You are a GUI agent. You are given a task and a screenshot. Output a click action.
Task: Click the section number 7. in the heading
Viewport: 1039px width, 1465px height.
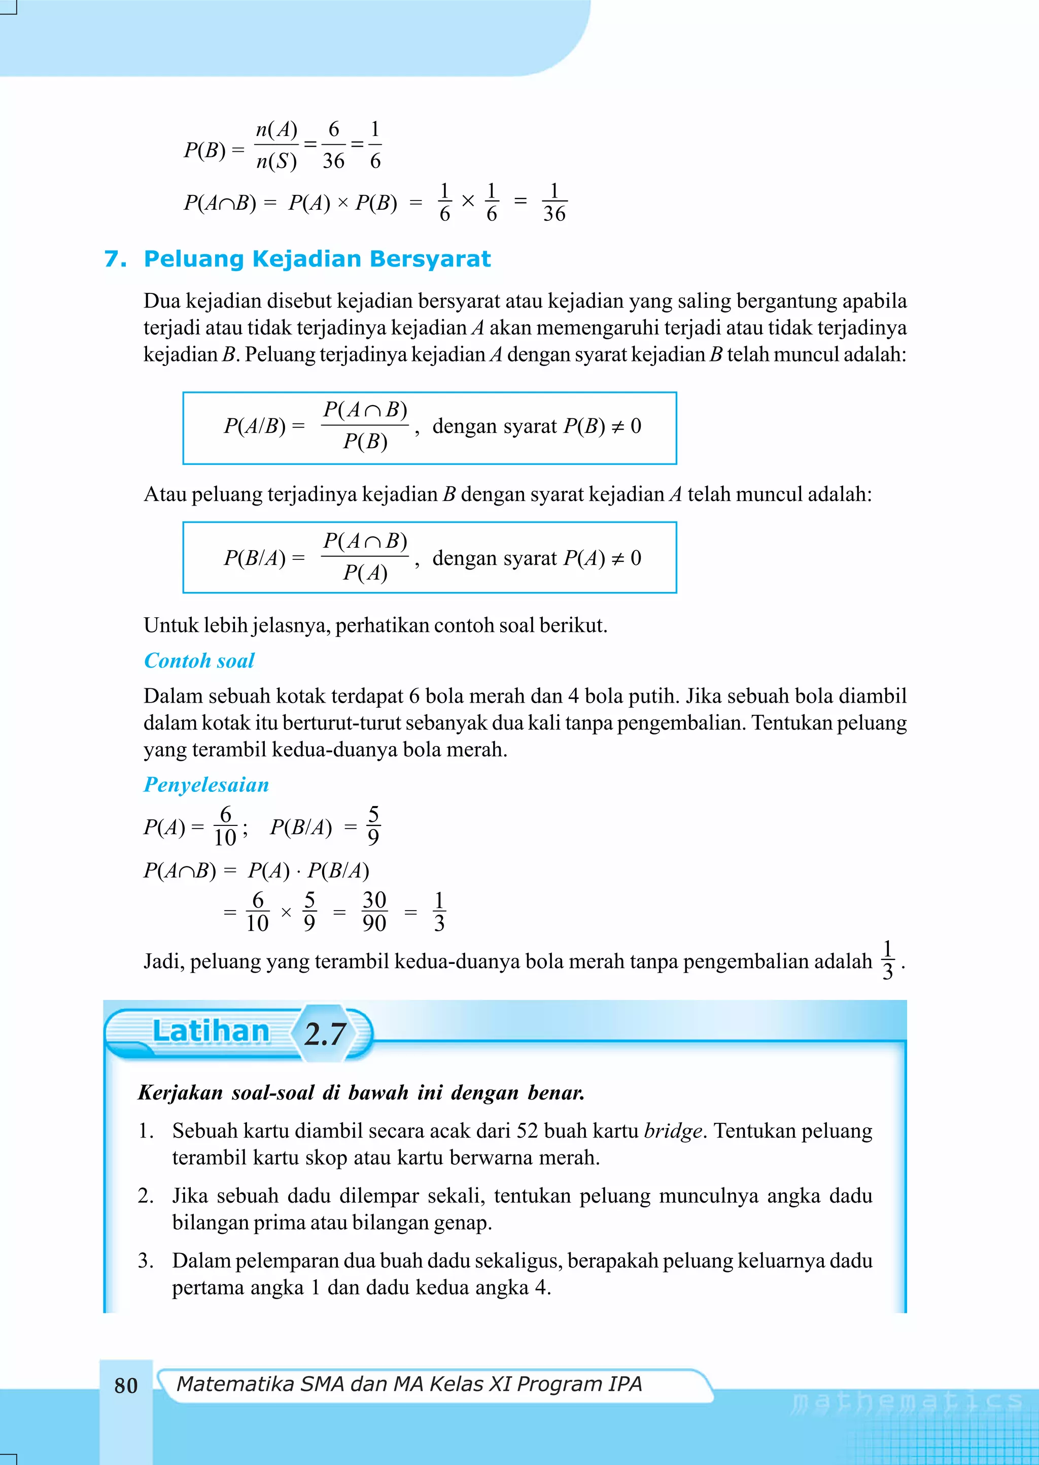115,259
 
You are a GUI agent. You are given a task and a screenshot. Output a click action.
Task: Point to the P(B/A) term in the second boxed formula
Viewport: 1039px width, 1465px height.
255,558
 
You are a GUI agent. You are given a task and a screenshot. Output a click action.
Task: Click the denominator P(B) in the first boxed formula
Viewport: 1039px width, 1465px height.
365,442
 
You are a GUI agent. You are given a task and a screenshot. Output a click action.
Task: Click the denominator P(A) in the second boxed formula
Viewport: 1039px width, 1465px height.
365,573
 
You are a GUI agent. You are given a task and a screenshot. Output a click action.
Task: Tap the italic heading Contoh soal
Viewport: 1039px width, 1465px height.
199,660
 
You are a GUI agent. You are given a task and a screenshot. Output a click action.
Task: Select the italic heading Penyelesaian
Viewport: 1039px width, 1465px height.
206,785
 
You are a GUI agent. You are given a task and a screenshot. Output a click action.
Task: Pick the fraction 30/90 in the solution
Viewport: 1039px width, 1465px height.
374,911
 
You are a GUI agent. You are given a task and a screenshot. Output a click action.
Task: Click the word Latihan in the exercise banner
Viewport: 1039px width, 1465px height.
211,1031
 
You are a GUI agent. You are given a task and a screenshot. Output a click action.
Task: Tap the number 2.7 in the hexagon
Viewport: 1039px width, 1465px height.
325,1034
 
